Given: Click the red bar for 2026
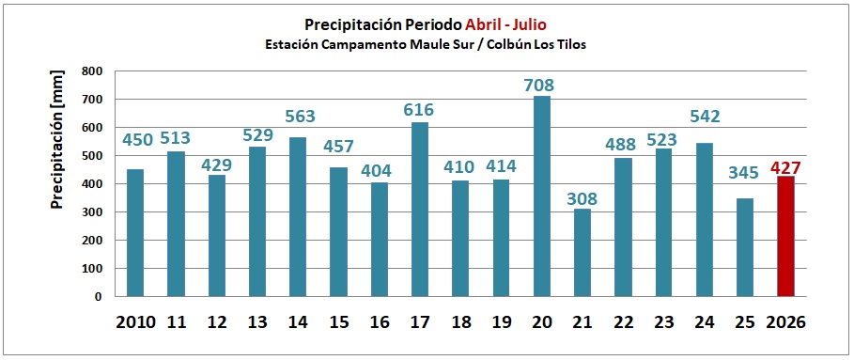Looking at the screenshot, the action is pos(785,236).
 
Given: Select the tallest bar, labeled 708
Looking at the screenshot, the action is pos(542,196).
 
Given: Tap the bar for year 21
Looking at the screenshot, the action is pos(582,253).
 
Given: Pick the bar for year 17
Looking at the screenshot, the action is pos(420,210).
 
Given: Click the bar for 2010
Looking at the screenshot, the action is pos(135,233).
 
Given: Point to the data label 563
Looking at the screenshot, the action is pos(298,117).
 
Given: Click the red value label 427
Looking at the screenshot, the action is pos(785,167).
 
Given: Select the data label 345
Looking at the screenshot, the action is pos(744,173).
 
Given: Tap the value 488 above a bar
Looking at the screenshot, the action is pos(622,145).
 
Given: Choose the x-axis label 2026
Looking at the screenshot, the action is pos(784,322).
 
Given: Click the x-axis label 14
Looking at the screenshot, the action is pos(298,322).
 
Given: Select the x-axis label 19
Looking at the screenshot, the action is pos(502,322).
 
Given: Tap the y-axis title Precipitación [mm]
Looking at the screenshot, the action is pos(56,139).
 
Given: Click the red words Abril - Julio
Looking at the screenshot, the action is pos(506,24).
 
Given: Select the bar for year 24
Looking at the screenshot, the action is pos(705,220).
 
